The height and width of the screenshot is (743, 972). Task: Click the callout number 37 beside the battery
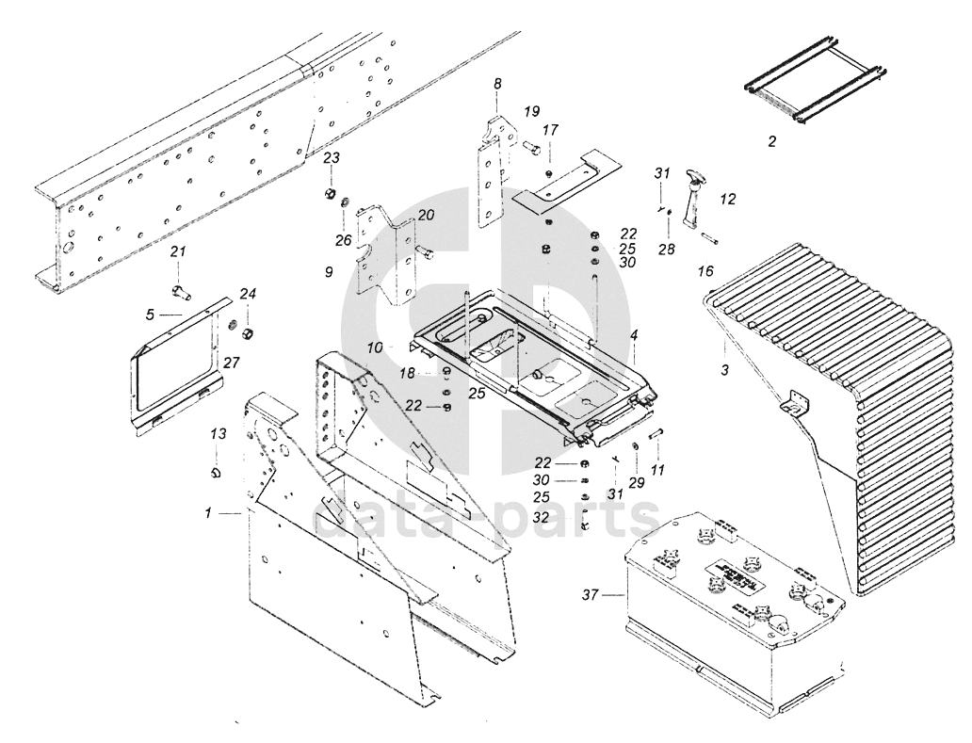(x=590, y=594)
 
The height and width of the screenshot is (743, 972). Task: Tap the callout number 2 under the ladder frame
(x=771, y=142)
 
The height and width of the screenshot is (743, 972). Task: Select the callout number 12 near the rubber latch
(x=728, y=200)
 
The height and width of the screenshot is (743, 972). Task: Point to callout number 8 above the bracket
(x=497, y=85)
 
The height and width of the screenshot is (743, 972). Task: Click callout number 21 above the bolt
(x=178, y=251)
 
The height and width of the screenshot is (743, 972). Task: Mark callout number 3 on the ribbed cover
(x=724, y=370)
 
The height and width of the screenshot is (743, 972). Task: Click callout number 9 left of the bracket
(x=329, y=272)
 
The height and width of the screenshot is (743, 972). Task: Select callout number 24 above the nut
(x=248, y=294)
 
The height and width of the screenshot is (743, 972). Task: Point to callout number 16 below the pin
(x=705, y=271)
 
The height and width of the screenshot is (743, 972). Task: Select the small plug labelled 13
(x=215, y=470)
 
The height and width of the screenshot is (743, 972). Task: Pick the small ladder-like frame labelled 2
(x=812, y=89)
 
